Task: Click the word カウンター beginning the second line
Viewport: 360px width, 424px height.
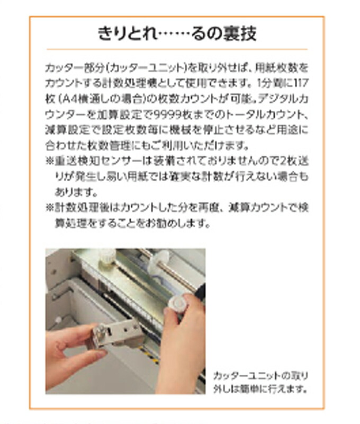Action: tap(65, 84)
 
